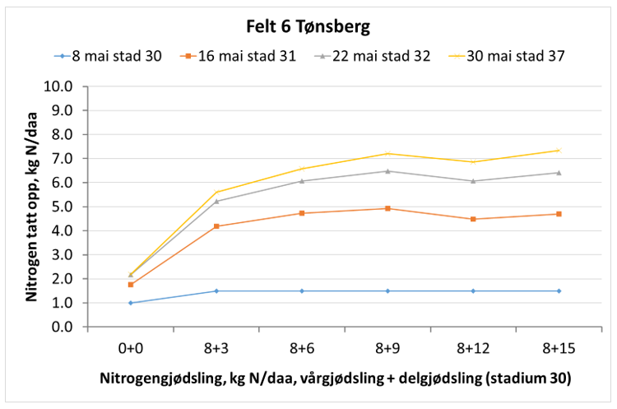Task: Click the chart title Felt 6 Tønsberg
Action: [308, 26]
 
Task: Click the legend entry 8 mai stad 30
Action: [118, 56]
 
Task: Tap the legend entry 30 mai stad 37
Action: [504, 56]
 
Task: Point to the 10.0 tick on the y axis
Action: [63, 86]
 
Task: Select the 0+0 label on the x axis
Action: [130, 347]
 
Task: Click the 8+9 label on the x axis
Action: [387, 347]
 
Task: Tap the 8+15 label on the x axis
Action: [559, 347]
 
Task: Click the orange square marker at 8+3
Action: [216, 226]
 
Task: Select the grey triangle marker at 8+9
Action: [387, 171]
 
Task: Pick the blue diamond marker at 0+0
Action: [130, 303]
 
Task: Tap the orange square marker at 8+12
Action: [473, 219]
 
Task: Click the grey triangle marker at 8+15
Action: [559, 173]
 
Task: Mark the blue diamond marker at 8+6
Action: [302, 290]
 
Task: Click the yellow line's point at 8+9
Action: [387, 153]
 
